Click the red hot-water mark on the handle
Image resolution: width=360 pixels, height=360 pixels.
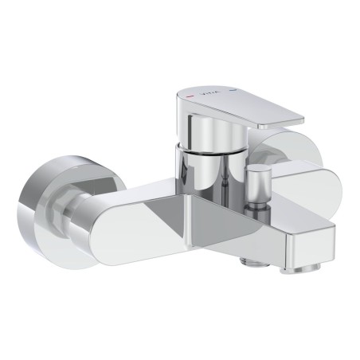point(188,96)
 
